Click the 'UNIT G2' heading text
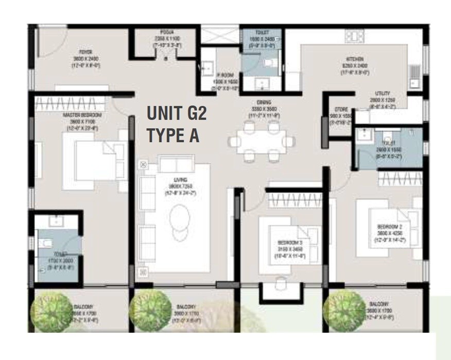point(177,114)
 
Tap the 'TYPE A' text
point(172,136)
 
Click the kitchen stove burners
point(354,37)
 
